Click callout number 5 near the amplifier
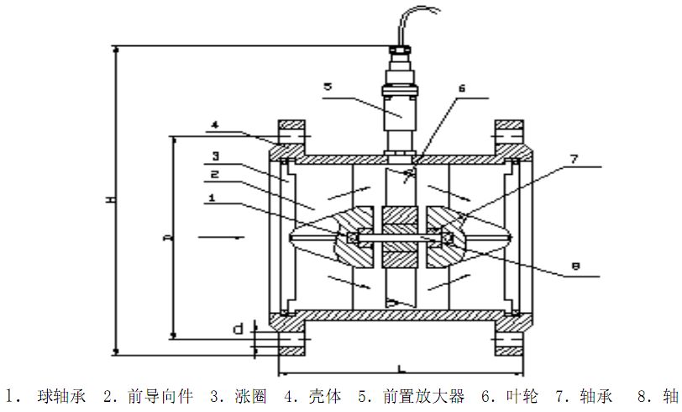pyautogui.click(x=328, y=86)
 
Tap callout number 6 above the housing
pyautogui.click(x=461, y=87)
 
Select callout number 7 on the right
pyautogui.click(x=573, y=157)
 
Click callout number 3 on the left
pyautogui.click(x=215, y=156)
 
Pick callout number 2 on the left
pyautogui.click(x=215, y=175)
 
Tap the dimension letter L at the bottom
pyautogui.click(x=401, y=368)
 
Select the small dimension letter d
pyautogui.click(x=239, y=329)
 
